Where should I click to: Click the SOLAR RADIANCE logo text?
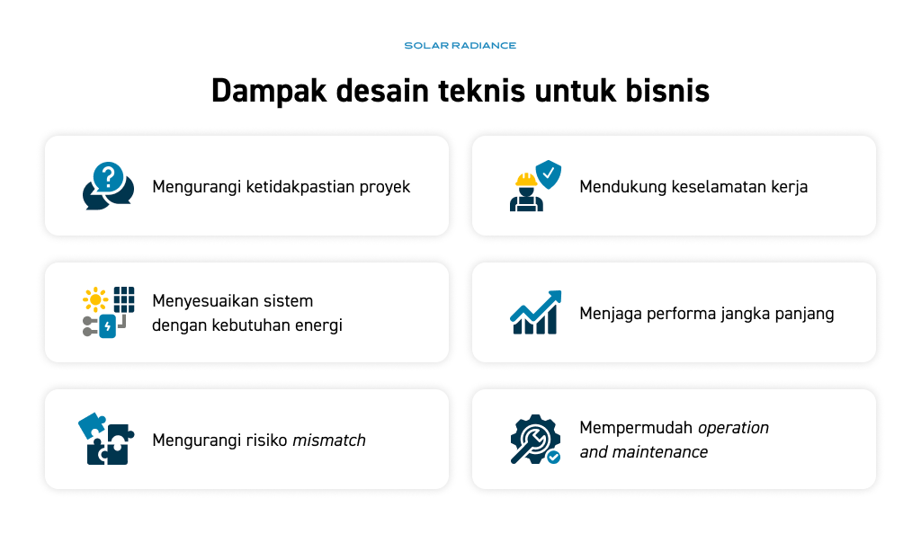[460, 45]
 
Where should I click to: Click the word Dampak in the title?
[269, 92]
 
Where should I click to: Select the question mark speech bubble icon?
[109, 185]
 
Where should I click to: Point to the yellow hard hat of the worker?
[526, 179]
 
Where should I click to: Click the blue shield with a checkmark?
[549, 174]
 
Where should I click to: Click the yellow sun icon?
[95, 300]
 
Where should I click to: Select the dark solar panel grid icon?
[124, 299]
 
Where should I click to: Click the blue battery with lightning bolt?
[108, 326]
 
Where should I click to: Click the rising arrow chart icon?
[536, 312]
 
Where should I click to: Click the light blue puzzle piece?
[93, 426]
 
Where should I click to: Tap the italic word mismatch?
[329, 441]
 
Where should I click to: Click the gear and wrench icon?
[535, 439]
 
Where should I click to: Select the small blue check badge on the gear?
[553, 457]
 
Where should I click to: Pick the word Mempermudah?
[637, 428]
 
